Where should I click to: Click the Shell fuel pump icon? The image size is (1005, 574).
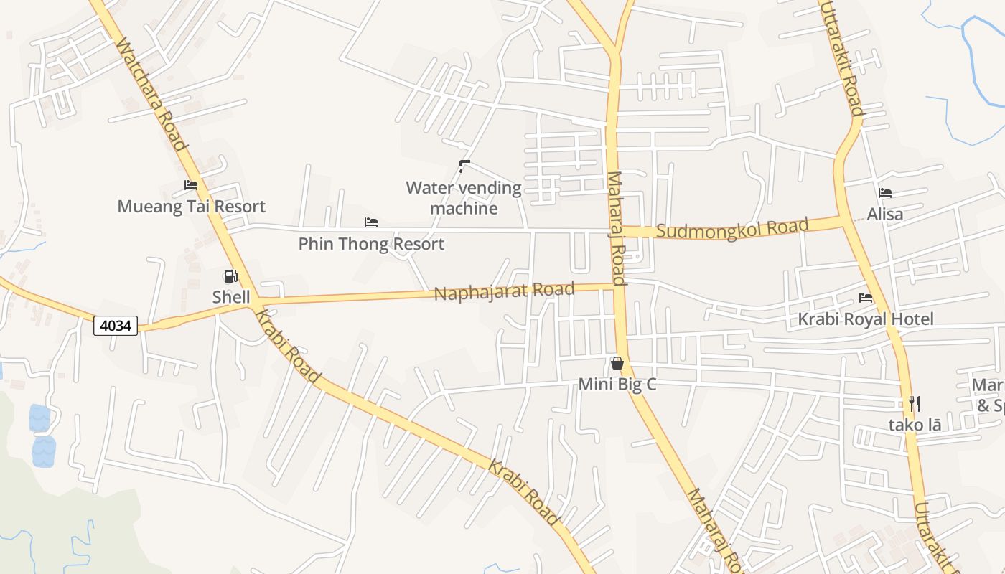(x=230, y=276)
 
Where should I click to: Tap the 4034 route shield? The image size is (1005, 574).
(x=116, y=326)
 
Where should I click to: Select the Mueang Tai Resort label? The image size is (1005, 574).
(x=192, y=207)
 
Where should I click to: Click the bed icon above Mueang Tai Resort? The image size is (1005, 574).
(x=191, y=185)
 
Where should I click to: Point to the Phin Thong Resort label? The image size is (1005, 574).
(x=371, y=244)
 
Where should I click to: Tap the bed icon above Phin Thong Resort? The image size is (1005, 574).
(x=371, y=222)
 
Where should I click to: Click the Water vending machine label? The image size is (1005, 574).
(x=464, y=198)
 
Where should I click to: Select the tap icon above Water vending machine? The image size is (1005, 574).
(x=464, y=166)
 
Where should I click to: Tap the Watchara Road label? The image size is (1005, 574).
(x=151, y=94)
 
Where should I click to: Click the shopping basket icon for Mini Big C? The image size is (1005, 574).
(x=617, y=364)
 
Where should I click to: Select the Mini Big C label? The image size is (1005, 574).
(x=617, y=385)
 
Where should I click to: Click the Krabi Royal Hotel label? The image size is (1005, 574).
(x=866, y=319)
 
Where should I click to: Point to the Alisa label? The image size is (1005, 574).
(x=885, y=214)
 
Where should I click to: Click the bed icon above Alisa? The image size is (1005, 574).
(x=885, y=193)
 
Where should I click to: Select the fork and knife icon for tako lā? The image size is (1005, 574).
(x=915, y=404)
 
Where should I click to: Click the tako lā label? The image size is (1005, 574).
(x=915, y=425)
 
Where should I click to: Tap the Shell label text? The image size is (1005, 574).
(x=231, y=297)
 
